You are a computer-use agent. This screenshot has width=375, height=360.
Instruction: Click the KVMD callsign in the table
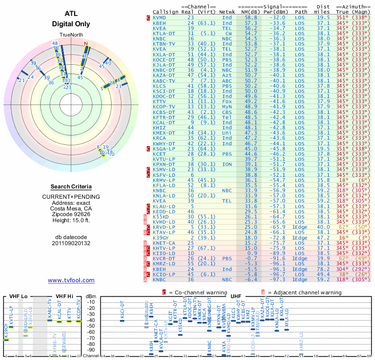(x=159, y=17)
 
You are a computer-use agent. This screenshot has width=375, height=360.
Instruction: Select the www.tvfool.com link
(x=71, y=280)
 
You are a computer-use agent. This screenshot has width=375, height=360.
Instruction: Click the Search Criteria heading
(x=71, y=187)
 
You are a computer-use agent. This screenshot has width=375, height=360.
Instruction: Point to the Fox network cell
(x=227, y=101)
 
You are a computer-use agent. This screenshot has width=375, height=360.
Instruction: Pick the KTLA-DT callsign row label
(x=164, y=34)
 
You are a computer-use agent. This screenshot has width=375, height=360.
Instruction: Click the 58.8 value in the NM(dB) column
(x=250, y=17)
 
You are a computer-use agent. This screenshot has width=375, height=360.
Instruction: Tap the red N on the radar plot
(x=86, y=44)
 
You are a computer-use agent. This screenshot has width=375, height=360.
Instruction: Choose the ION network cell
(x=227, y=165)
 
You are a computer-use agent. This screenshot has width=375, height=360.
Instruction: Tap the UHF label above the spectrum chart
(x=237, y=297)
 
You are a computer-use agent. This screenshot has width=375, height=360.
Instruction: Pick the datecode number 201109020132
(x=71, y=243)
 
